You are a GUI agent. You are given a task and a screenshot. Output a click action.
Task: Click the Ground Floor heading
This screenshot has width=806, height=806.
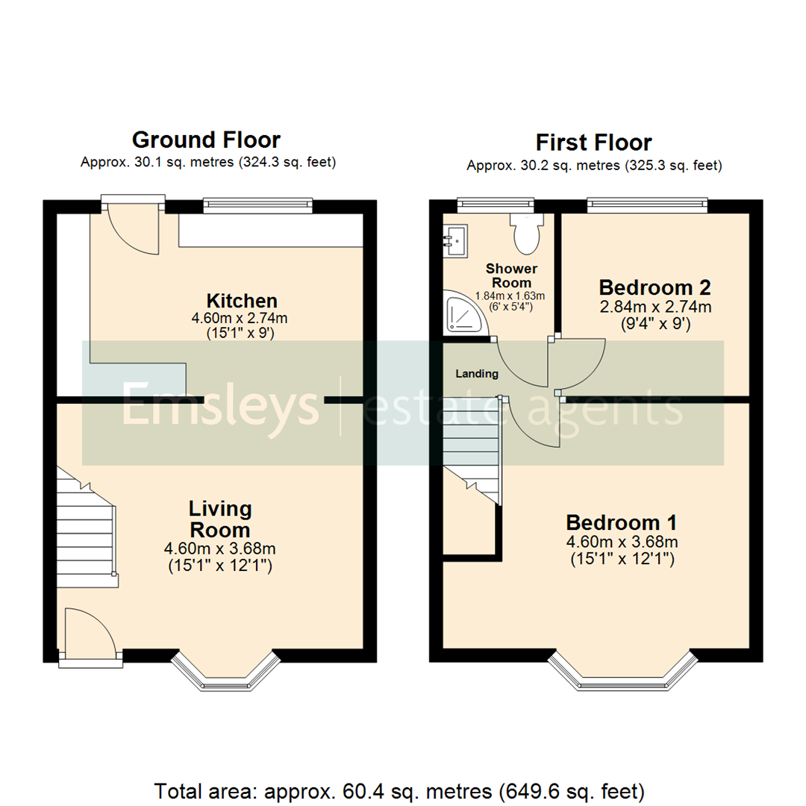coord(206,140)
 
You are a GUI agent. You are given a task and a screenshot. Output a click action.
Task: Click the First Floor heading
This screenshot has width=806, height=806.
coord(594,142)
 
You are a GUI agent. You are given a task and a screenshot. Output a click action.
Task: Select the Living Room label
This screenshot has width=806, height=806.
coord(219,519)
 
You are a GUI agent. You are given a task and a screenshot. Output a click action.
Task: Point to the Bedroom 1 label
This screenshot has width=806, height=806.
coord(622,522)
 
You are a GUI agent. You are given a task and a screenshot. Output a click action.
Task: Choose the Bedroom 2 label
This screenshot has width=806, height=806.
coord(655,287)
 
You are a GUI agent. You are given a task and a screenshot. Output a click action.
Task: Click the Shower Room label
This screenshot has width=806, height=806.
coord(512,275)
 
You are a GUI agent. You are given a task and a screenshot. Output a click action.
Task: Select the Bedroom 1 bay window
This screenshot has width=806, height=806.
coord(622,674)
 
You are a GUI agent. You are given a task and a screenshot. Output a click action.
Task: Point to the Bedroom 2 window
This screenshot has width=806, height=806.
coord(646,201)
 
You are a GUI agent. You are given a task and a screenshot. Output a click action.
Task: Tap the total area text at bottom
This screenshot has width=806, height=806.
coord(399,790)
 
